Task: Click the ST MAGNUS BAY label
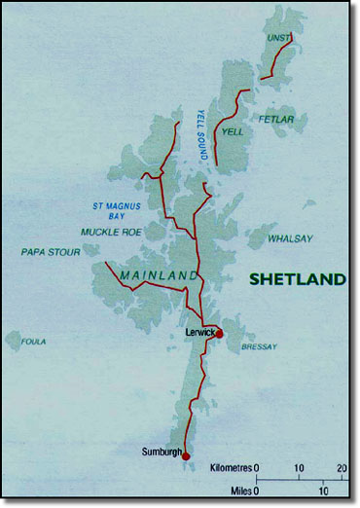116,209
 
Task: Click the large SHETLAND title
297,279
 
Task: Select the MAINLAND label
159,277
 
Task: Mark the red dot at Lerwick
219,333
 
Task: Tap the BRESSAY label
259,346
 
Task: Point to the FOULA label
35,341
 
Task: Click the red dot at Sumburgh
186,455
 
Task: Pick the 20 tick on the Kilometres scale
342,468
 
